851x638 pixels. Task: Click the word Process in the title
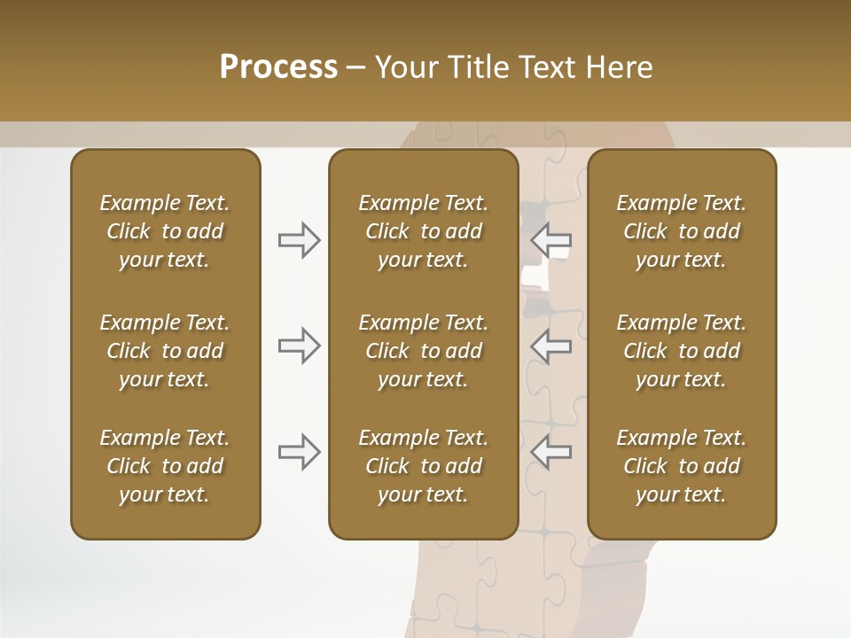[278, 67]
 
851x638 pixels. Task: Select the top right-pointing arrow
[300, 240]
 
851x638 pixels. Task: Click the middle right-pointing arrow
[300, 346]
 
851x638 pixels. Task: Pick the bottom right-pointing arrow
[300, 451]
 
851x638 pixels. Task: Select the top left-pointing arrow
[551, 240]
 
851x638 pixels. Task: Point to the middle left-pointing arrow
[551, 346]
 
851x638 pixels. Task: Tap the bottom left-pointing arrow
[551, 451]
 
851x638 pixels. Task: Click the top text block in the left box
[165, 231]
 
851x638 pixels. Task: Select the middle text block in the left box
[165, 351]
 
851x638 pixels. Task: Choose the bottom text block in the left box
[165, 466]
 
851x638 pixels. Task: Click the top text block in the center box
[423, 231]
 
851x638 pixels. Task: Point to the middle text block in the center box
[423, 351]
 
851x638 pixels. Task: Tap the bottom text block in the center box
[423, 466]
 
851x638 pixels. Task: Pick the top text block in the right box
[681, 231]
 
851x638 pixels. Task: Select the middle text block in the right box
[681, 351]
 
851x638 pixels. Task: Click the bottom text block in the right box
[681, 466]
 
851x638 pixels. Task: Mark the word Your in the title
[403, 67]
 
